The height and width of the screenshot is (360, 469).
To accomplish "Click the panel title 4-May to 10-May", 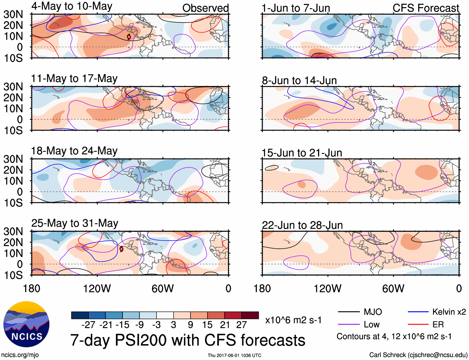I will (72, 6).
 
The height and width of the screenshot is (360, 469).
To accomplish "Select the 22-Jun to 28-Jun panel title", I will (302, 225).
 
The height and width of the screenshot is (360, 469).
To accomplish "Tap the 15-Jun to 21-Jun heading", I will (302, 153).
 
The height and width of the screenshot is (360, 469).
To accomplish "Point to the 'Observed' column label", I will (205, 8).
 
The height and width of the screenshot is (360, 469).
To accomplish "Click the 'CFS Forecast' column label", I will (426, 8).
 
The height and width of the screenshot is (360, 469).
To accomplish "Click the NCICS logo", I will (26, 324).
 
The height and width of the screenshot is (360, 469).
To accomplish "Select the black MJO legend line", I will (348, 312).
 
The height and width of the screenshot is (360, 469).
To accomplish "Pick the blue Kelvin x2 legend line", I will (418, 312).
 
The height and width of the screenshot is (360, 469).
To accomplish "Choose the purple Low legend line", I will (348, 325).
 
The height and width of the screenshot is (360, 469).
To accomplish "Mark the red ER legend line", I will (418, 325).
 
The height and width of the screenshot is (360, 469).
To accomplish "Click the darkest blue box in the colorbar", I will (80, 315).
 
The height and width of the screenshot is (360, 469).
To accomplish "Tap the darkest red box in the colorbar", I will (250, 315).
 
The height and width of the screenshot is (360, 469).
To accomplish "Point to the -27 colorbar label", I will (88, 325).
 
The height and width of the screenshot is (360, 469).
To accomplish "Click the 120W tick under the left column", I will (97, 288).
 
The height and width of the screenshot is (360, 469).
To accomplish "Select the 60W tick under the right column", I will (393, 288).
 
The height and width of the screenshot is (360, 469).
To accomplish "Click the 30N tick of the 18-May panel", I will (13, 159).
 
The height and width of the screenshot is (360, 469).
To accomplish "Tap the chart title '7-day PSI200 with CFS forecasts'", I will (188, 340).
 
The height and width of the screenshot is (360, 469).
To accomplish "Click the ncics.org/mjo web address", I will (20, 355).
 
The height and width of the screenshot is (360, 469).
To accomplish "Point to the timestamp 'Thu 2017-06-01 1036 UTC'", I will (234, 355).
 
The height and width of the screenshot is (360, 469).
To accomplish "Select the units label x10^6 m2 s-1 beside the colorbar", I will (293, 320).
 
